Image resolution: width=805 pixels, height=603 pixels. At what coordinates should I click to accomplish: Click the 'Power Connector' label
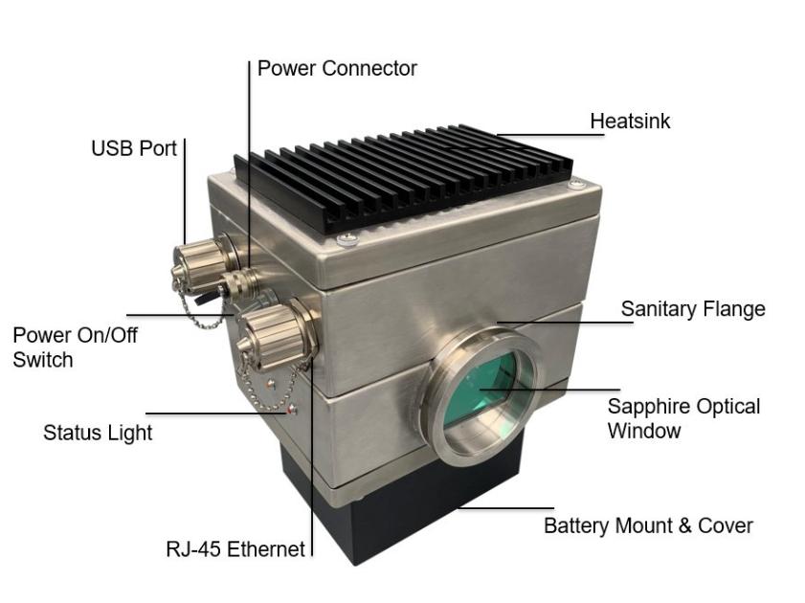(337, 69)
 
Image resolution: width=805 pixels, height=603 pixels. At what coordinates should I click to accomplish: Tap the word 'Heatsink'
(630, 122)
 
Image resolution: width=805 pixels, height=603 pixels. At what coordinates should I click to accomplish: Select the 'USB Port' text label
(134, 148)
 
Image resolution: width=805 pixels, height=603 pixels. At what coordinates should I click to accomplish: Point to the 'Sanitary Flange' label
(693, 309)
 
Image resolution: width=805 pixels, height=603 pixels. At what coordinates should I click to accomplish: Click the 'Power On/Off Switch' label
(75, 347)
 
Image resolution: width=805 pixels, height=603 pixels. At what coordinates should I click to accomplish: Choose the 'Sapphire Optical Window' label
(683, 418)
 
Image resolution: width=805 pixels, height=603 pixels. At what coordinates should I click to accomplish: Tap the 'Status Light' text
(98, 433)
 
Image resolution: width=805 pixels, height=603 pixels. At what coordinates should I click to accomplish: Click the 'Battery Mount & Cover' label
(648, 525)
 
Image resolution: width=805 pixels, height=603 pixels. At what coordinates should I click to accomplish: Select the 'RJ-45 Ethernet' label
(235, 549)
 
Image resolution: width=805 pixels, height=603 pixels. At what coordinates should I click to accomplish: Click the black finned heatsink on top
(402, 177)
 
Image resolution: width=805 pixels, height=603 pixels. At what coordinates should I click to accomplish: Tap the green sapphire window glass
(483, 392)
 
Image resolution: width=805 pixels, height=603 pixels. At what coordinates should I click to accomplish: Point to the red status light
(293, 411)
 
